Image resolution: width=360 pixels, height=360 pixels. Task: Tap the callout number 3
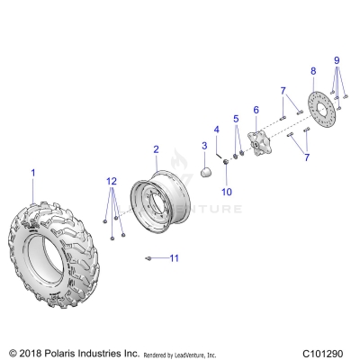pyautogui.click(x=204, y=145)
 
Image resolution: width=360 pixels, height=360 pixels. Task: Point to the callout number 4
pyautogui.click(x=216, y=129)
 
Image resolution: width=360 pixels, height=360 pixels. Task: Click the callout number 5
pyautogui.click(x=237, y=118)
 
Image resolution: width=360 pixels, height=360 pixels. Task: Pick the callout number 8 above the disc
pyautogui.click(x=313, y=70)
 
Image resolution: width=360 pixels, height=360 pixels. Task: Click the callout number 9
pyautogui.click(x=337, y=61)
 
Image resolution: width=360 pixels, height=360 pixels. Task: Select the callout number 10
pyautogui.click(x=226, y=192)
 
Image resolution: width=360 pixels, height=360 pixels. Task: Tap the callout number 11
pyautogui.click(x=175, y=258)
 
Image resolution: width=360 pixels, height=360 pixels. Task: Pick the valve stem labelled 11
pyautogui.click(x=147, y=259)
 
